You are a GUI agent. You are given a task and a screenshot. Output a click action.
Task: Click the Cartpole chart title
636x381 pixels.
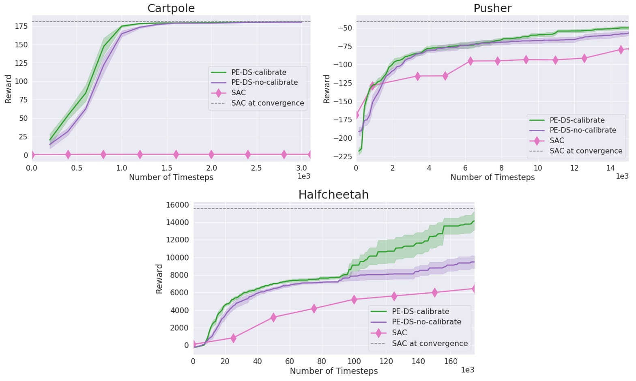[171, 8]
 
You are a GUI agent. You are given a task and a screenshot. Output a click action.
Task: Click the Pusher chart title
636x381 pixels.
[492, 8]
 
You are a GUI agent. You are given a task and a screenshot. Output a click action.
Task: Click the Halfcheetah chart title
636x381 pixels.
[333, 195]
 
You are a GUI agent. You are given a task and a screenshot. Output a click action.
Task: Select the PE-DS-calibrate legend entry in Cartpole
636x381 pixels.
[258, 72]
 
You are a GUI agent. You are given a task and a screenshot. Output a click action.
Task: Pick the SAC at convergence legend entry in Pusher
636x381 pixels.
[585, 151]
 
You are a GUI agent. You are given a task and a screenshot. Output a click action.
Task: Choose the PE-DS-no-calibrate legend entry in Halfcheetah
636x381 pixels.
[426, 322]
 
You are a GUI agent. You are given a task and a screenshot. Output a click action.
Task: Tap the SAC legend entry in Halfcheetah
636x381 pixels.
[399, 332]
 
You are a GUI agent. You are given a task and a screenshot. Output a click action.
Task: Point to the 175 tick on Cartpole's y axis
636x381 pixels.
[21, 26]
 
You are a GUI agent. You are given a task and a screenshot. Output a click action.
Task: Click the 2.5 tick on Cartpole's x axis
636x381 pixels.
[256, 168]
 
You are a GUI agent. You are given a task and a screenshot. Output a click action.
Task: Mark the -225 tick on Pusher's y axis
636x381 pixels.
[343, 156]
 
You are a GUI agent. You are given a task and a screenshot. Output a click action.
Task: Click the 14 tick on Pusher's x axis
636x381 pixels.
[610, 168]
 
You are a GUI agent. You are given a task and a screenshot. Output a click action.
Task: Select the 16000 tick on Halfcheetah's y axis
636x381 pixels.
[177, 205]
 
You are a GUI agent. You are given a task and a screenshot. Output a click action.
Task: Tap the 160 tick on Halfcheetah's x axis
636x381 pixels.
[451, 361]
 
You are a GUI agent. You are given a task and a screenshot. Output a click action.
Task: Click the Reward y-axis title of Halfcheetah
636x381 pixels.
[159, 278]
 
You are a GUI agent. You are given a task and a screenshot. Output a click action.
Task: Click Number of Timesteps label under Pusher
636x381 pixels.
[492, 177]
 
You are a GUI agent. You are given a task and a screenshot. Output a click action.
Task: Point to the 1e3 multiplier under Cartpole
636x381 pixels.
[303, 176]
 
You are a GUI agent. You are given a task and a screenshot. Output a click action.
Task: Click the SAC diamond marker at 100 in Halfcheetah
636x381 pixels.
[354, 300]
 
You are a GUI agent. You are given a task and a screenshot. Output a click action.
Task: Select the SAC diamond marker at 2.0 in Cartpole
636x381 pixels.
[211, 154]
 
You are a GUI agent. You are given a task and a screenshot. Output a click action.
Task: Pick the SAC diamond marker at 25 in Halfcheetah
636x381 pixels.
[233, 338]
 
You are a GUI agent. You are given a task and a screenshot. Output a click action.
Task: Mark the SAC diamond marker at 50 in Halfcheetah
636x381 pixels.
[273, 317]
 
